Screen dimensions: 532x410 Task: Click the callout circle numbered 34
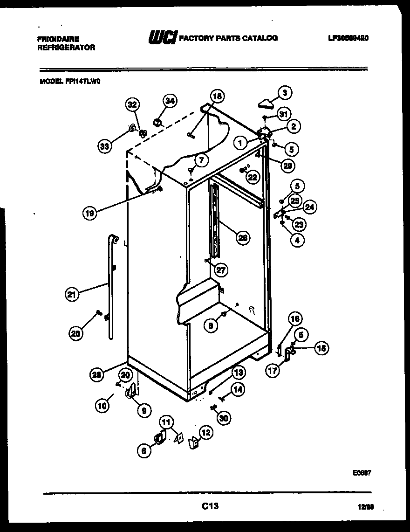pos(170,100)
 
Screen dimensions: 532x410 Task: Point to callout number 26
pos(242,238)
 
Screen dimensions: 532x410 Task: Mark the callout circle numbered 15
pos(321,347)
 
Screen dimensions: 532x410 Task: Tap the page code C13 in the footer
pos(210,505)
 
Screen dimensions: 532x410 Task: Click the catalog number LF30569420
pos(348,38)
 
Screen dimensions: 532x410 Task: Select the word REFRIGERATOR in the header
pos(66,48)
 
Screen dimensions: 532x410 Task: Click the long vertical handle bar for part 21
pos(111,289)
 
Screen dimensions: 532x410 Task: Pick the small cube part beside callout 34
pos(157,122)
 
